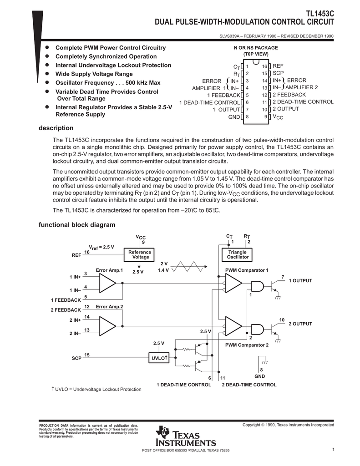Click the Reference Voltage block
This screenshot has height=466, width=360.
tap(140, 254)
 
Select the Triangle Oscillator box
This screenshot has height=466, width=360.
tap(238, 254)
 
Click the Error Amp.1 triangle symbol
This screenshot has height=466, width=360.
tap(107, 285)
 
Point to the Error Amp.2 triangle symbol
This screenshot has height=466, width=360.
tap(107, 325)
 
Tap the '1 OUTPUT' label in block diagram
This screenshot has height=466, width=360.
tap(300, 281)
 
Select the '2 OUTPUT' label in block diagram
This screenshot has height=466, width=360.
tap(300, 324)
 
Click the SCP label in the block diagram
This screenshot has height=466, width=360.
tap(76, 358)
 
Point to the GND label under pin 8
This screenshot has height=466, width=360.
tap(259, 376)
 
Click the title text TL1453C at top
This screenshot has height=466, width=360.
tap(318, 14)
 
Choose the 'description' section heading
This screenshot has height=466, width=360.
tap(56, 128)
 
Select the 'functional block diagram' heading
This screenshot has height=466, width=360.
tap(76, 225)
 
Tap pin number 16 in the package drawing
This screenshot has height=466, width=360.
tap(264, 66)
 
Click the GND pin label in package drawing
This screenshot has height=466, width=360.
tap(234, 117)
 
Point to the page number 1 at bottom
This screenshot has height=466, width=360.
tap(333, 450)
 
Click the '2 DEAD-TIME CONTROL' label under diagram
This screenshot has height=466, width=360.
tap(249, 385)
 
